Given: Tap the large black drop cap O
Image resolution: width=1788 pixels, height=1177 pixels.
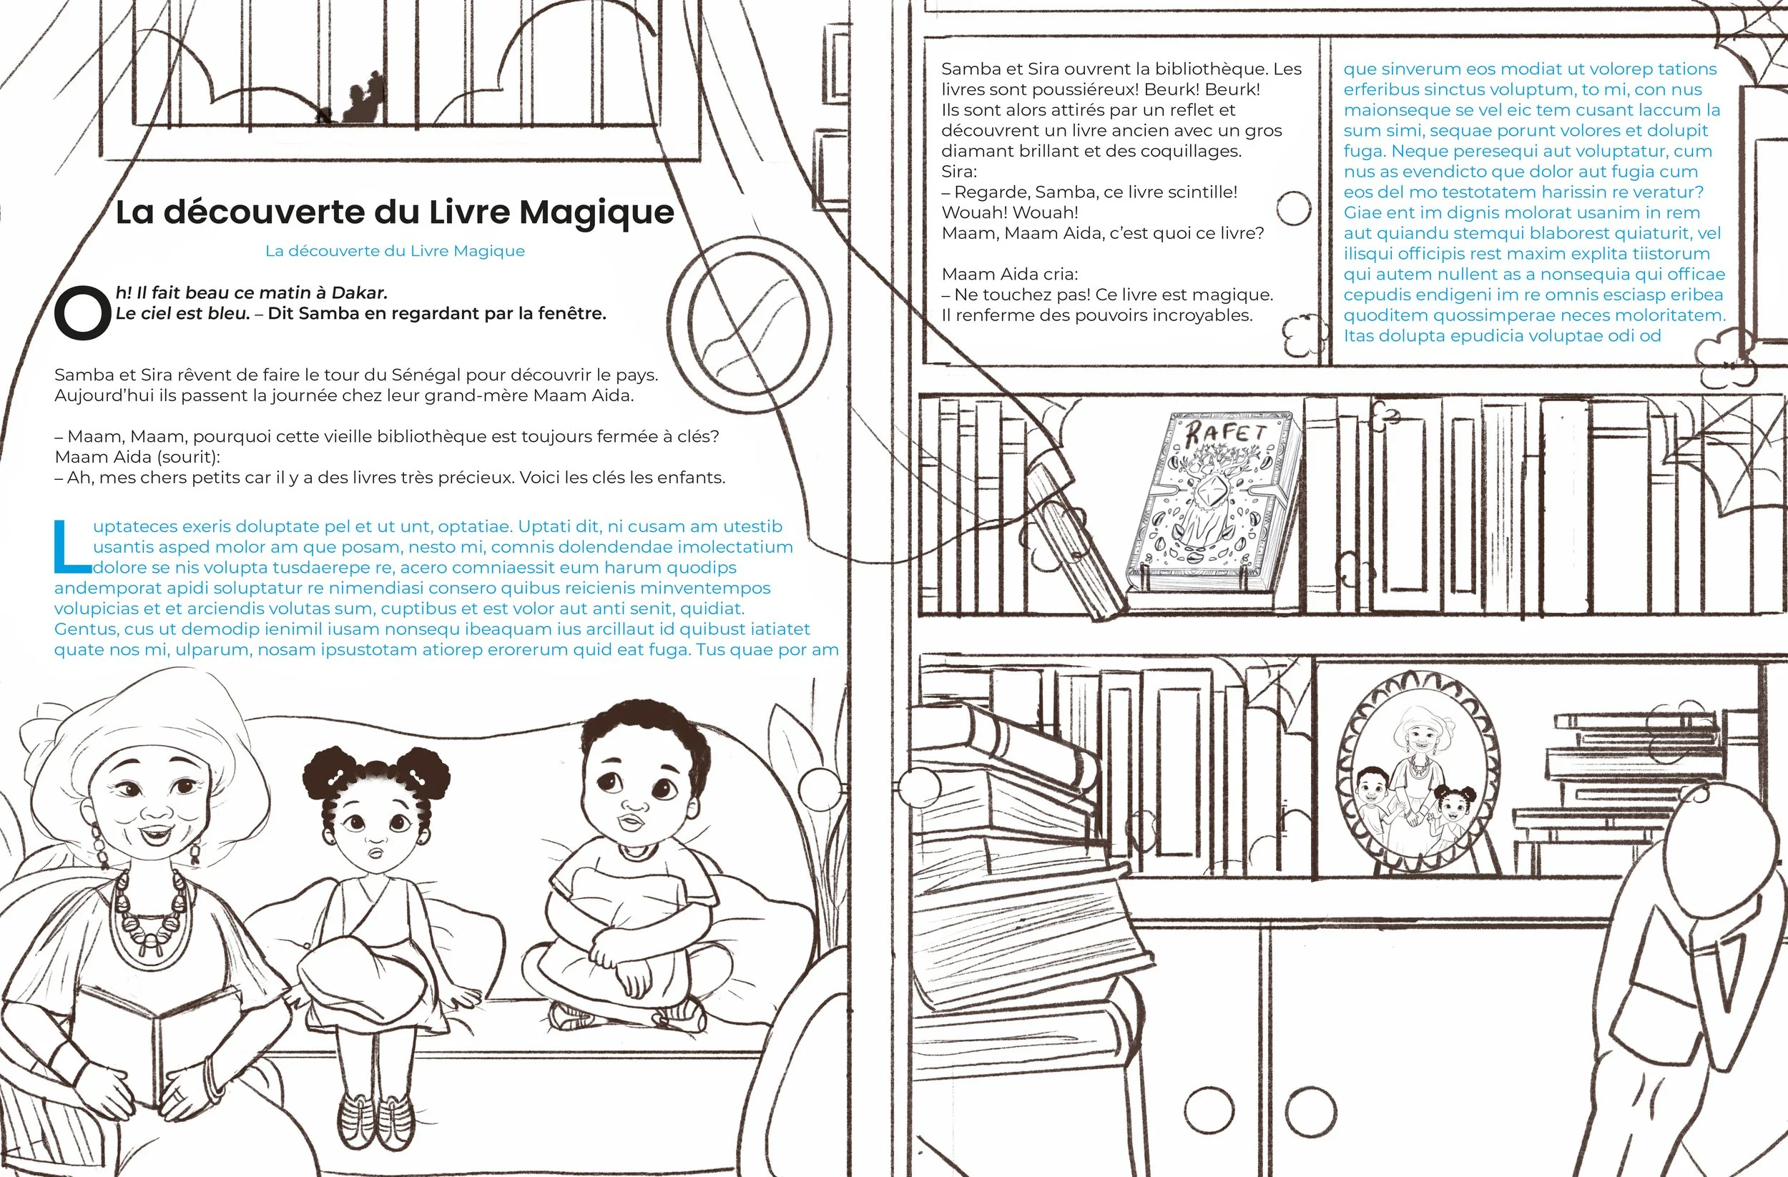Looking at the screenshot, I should click(x=83, y=313).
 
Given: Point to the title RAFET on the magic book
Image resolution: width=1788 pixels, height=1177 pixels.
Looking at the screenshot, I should click(x=1225, y=435).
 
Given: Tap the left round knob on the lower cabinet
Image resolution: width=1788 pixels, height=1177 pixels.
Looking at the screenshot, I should click(x=1210, y=1113).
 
